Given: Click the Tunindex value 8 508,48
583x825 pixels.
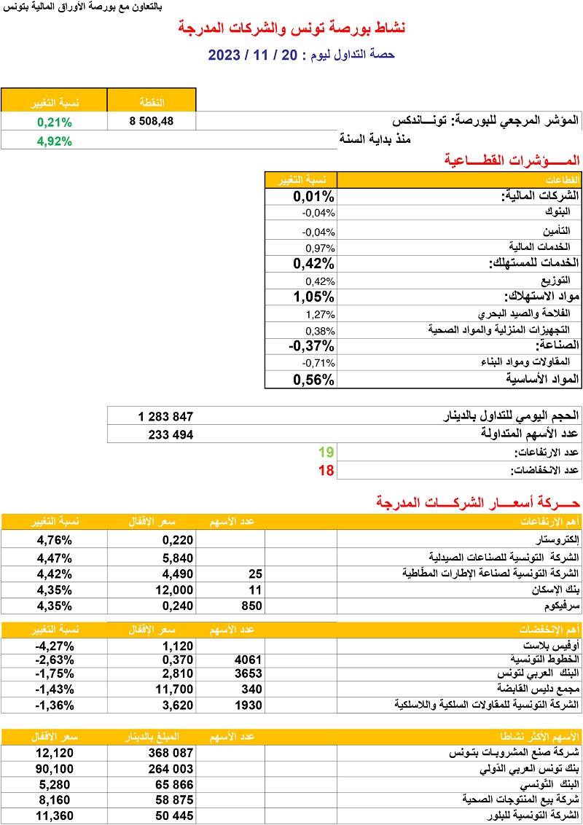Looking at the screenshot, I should click(152, 122).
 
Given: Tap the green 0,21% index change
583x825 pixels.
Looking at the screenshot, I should click(54, 122).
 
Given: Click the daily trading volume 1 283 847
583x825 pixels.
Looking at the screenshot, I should click(165, 417).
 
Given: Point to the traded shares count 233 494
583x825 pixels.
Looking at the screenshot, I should click(170, 434).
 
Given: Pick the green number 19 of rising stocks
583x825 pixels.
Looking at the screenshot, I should click(326, 453).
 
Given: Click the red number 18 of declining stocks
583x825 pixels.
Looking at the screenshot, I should click(326, 470).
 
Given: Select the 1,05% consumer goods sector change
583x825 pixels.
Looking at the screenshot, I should click(313, 297).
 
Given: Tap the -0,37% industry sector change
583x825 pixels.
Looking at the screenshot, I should click(311, 345).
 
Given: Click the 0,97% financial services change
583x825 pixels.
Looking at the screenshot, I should click(318, 246).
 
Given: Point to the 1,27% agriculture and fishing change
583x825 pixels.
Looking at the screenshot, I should click(318, 314).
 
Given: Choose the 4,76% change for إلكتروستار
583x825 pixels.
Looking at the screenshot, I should click(55, 541).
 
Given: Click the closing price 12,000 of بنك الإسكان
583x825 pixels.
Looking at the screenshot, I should click(173, 590).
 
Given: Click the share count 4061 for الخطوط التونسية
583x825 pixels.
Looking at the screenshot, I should click(248, 660).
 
